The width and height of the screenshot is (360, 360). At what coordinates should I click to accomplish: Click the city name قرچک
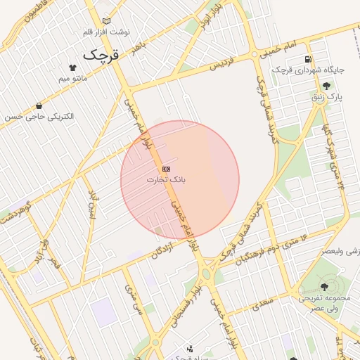click(103, 54)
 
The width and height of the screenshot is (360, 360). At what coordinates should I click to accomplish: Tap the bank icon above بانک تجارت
click(166, 169)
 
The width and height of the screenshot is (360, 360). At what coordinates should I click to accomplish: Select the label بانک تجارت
click(167, 180)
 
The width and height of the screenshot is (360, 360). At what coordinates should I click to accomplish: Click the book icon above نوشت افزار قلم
click(106, 21)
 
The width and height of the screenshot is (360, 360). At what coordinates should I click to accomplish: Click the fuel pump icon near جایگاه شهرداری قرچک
click(308, 59)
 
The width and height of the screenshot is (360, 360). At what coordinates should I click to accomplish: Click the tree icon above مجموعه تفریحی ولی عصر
click(324, 286)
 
